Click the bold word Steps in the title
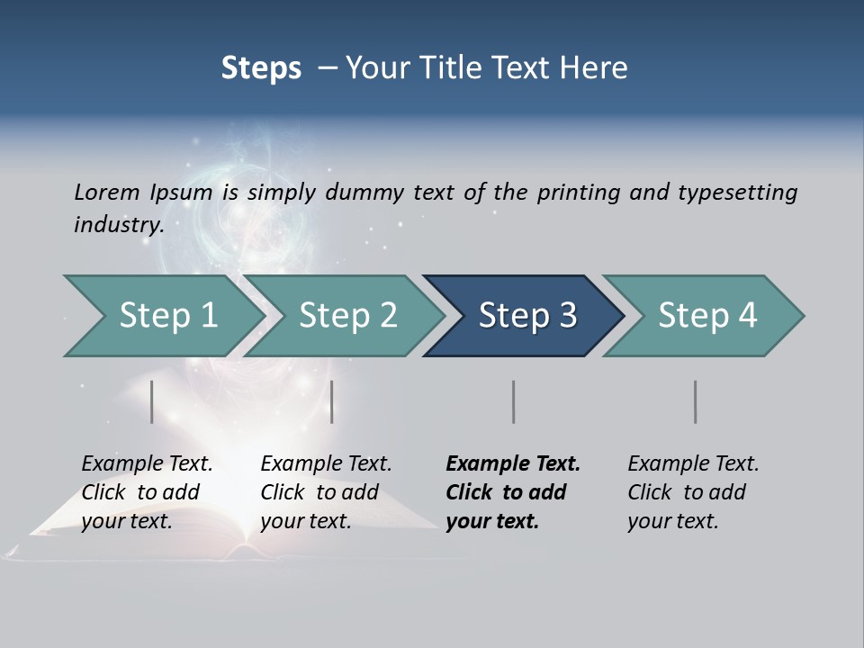click(261, 68)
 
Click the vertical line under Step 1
click(152, 401)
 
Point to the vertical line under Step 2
click(332, 401)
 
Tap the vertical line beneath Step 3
click(514, 401)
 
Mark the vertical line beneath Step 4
click(696, 401)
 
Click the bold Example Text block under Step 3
click(513, 492)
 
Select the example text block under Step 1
click(147, 492)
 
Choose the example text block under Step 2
click(326, 492)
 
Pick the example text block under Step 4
click(693, 492)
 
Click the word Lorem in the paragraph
click(107, 193)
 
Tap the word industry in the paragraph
click(119, 225)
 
